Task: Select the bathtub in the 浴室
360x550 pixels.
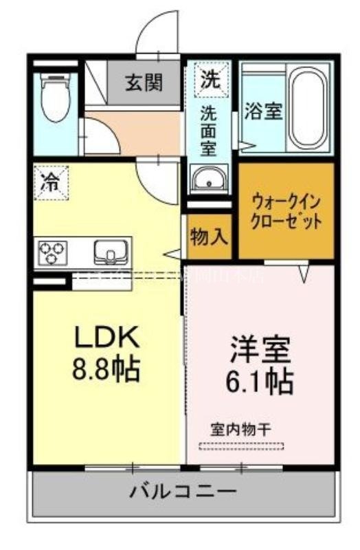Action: pyautogui.click(x=310, y=107)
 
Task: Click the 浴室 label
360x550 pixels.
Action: pyautogui.click(x=263, y=111)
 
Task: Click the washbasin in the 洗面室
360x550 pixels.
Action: pyautogui.click(x=208, y=181)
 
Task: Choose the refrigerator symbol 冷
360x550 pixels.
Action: pyautogui.click(x=51, y=182)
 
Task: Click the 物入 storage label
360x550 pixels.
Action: pyautogui.click(x=209, y=237)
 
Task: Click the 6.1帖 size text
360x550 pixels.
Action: pyautogui.click(x=260, y=380)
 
